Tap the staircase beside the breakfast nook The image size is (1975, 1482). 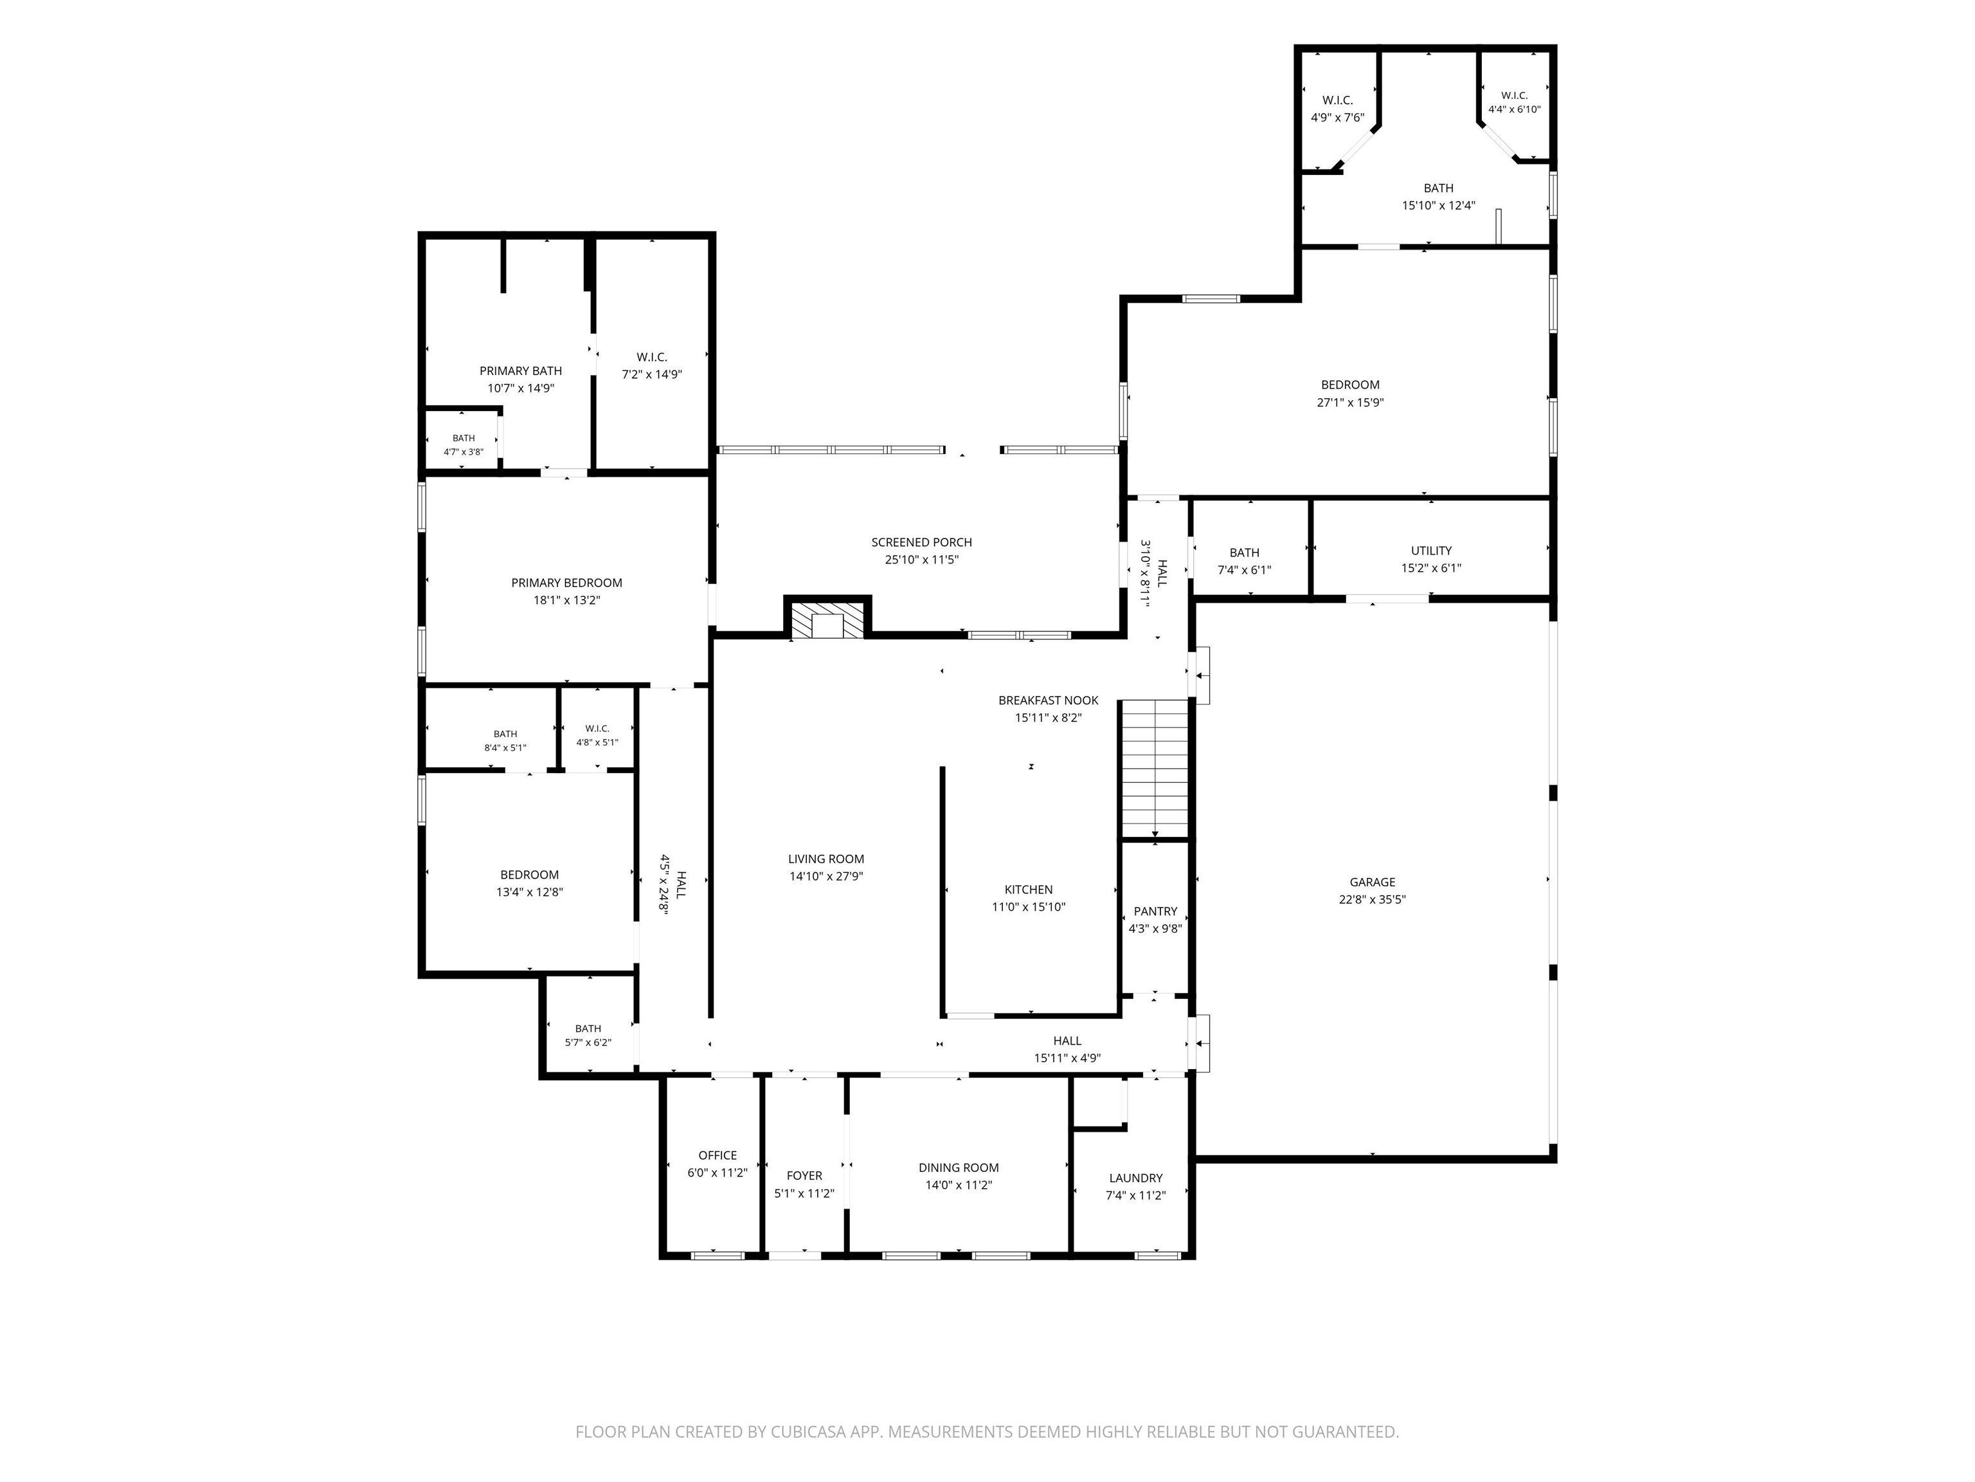click(1155, 768)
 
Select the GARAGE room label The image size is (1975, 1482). click(1373, 882)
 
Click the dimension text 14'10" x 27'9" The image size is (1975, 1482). click(826, 876)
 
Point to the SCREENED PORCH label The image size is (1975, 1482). click(921, 542)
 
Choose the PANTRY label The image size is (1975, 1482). click(1155, 911)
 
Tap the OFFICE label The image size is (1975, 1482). click(718, 1155)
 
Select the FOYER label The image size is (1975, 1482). click(804, 1176)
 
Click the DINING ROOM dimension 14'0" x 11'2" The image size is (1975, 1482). click(959, 1185)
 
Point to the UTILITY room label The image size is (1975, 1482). click(1431, 550)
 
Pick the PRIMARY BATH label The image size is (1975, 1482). click(521, 370)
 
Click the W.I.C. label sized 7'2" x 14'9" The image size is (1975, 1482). click(652, 358)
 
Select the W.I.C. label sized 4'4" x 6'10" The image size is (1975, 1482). click(1514, 96)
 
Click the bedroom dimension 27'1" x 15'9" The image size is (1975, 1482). click(1350, 403)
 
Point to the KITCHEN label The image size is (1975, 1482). click(1029, 890)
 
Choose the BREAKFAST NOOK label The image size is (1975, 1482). click(1048, 700)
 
